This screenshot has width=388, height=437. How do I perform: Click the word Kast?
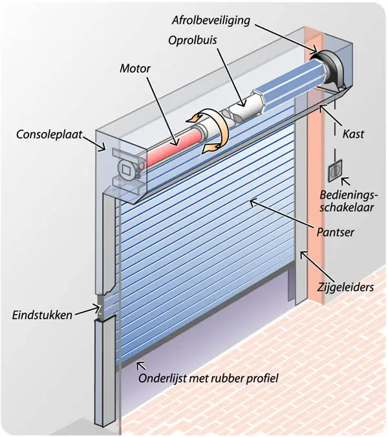[354, 135]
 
